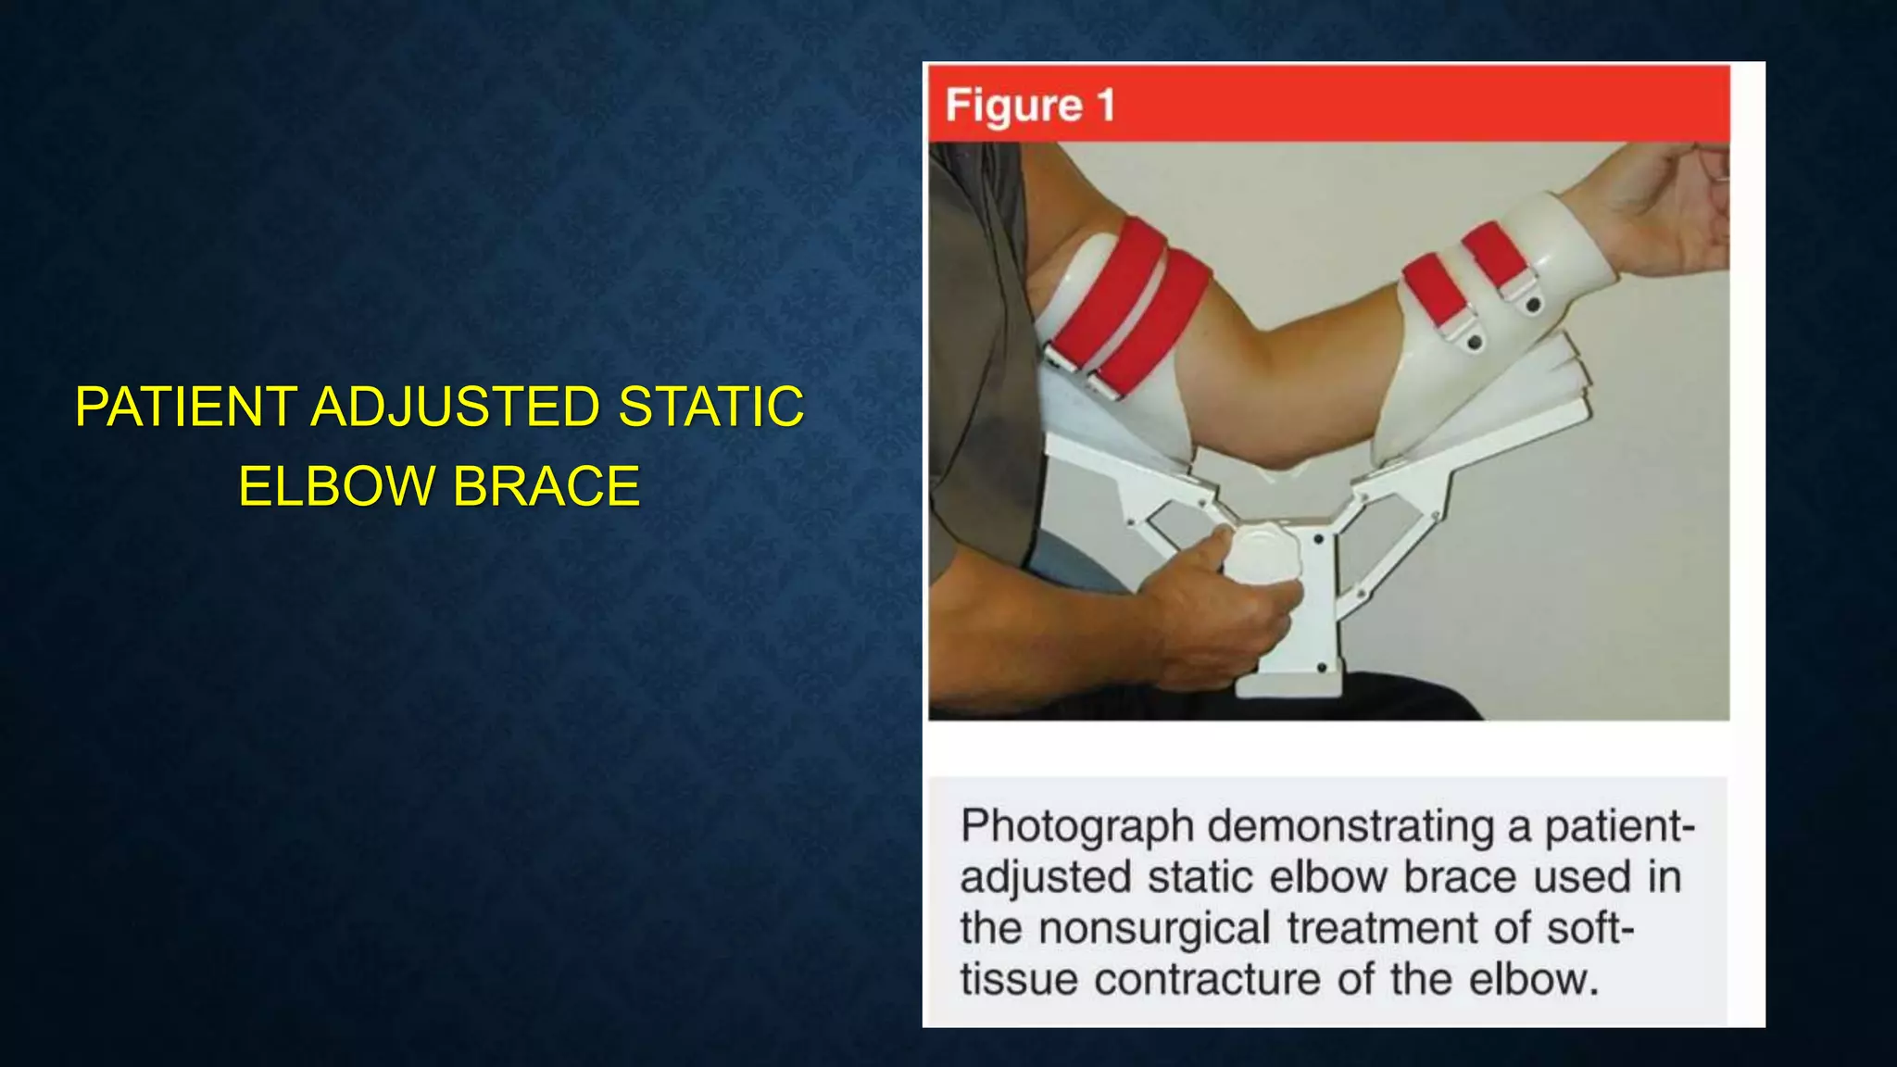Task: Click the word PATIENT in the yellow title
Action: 185,407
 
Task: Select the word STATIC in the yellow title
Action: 710,407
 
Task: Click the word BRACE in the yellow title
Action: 546,486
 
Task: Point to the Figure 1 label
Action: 1030,105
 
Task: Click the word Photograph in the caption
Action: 1076,825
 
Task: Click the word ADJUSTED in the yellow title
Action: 455,407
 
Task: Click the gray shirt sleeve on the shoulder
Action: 973,278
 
